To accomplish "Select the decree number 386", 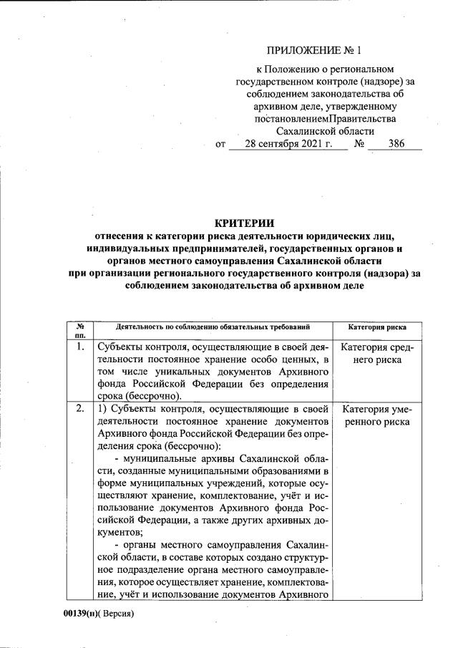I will point(396,143).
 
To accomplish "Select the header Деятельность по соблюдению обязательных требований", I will point(213,327).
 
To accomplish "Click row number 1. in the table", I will point(80,347).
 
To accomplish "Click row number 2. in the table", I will point(80,410).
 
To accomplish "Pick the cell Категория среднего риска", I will point(376,354).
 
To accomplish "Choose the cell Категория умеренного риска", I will point(376,416).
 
